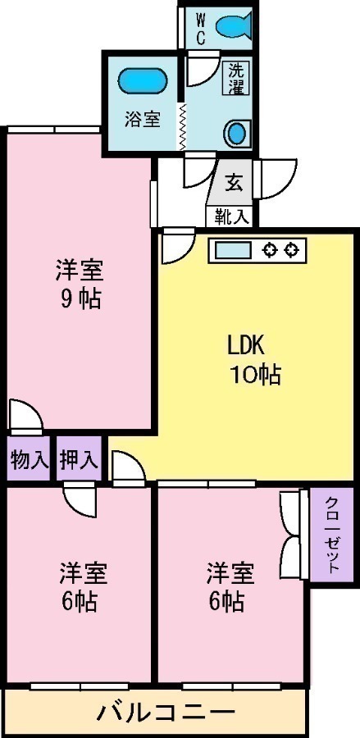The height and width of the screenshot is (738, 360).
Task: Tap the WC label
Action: (x=200, y=27)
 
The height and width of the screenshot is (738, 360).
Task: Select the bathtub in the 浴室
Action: (x=142, y=81)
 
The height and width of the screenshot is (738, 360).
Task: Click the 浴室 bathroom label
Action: (x=142, y=118)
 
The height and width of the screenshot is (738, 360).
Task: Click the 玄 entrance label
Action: (x=235, y=183)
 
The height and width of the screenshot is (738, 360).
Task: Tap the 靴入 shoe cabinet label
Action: (x=232, y=216)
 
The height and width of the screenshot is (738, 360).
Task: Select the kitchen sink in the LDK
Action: (x=234, y=249)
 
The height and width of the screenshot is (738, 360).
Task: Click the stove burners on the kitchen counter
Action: (x=281, y=249)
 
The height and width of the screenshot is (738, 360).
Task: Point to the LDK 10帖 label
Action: (x=252, y=359)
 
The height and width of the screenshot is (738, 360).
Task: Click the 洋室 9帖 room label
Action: (x=80, y=283)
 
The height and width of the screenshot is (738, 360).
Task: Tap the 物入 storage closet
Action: (x=29, y=460)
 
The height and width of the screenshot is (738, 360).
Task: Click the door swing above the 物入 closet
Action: (x=25, y=415)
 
